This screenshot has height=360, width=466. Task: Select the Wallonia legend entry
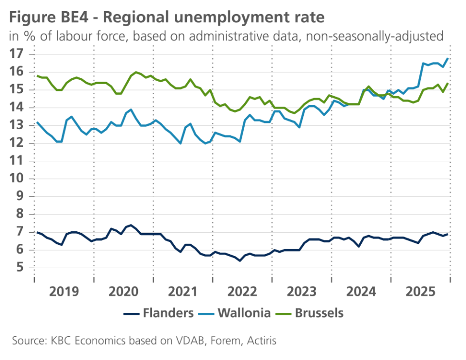234,313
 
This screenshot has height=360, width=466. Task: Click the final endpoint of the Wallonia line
448,58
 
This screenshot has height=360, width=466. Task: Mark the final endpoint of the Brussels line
448,83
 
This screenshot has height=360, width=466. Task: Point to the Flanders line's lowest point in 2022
240,261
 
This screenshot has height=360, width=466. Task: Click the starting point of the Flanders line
37,232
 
